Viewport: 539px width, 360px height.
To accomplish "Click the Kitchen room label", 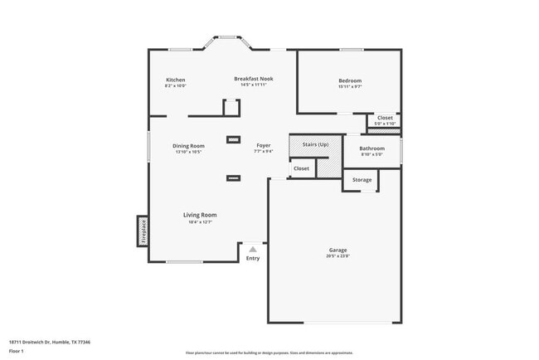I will [x=175, y=80].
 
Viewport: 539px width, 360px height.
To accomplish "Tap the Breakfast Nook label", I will [x=253, y=79].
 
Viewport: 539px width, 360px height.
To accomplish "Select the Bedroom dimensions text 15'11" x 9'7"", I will [x=350, y=86].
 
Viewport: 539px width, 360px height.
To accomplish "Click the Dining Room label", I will [x=188, y=146].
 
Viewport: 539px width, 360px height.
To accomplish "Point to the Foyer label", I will [x=263, y=145].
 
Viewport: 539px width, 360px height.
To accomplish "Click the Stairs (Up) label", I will [x=315, y=144].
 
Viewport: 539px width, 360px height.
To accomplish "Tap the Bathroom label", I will [x=371, y=148].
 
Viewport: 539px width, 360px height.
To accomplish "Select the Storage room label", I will [x=362, y=179].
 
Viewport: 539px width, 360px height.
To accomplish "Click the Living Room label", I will [x=200, y=215].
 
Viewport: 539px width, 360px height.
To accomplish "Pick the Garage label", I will [x=337, y=250].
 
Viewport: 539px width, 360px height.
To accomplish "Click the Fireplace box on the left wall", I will [x=143, y=231].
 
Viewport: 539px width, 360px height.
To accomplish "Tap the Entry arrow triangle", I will [x=253, y=249].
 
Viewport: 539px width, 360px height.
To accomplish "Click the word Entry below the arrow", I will [x=253, y=258].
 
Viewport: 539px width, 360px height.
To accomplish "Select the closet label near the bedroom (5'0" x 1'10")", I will [x=385, y=118].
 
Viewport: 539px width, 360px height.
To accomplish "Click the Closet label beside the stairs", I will [x=301, y=168].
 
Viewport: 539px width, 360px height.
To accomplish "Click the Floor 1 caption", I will [x=17, y=351].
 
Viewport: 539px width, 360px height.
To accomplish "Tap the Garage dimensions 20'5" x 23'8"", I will [x=337, y=255].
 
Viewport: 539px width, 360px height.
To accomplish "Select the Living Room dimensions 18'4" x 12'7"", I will [x=200, y=221].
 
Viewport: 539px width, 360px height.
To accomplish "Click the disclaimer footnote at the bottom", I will [x=269, y=353].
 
